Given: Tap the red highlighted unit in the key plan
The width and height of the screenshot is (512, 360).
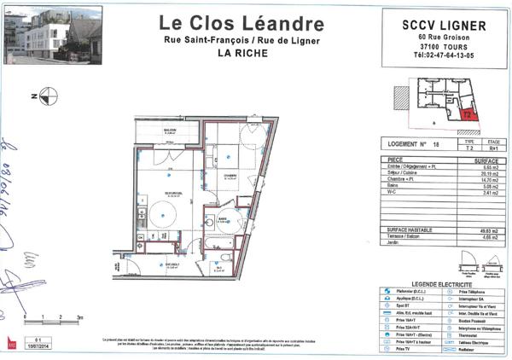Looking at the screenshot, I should coord(468,111).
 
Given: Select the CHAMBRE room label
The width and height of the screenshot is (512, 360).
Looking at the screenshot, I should coord(229,175).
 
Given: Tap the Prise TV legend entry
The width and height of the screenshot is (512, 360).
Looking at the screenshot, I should coord(401,350).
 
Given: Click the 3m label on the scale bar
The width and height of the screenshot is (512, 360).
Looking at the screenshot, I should coord(80,316).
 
